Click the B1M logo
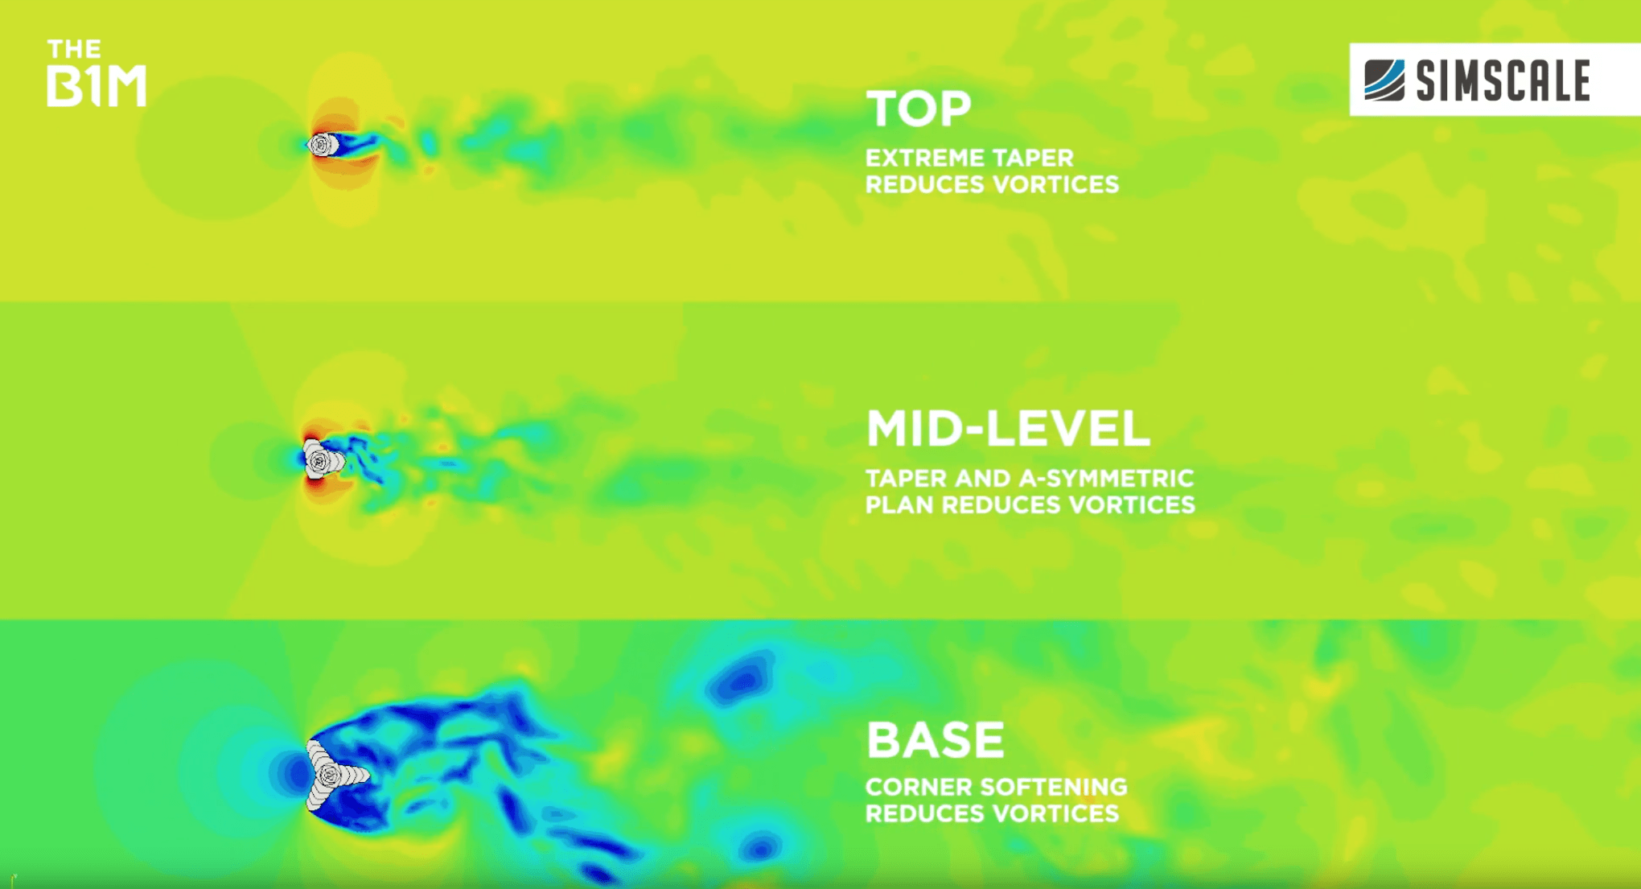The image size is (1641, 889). [x=97, y=72]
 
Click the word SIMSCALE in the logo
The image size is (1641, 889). [x=1503, y=80]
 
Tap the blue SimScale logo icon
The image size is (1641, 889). [x=1384, y=80]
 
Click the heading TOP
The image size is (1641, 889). [x=919, y=109]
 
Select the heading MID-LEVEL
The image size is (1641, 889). [x=1008, y=428]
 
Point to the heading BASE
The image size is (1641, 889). [x=936, y=739]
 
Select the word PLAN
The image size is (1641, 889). [x=899, y=504]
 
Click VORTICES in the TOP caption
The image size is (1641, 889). [x=1055, y=184]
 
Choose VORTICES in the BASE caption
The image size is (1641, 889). [x=1055, y=813]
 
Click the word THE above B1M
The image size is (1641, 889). [x=74, y=49]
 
